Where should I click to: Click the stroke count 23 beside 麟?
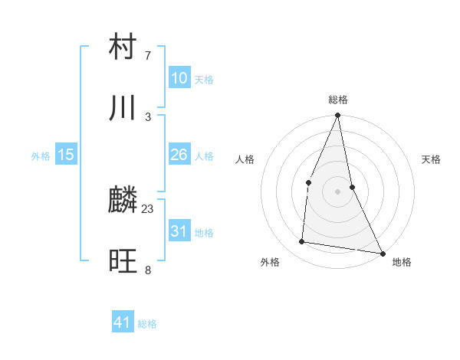tap(148, 208)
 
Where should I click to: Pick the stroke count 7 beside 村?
tap(148, 55)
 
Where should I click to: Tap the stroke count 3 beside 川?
tap(148, 116)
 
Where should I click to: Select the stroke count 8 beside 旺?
tap(148, 270)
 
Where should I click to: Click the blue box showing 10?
tap(179, 78)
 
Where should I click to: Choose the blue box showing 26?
tap(179, 155)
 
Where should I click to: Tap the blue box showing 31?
tap(179, 231)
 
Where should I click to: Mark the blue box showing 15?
tap(66, 155)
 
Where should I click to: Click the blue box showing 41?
tap(123, 322)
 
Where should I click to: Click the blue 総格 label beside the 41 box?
tap(147, 324)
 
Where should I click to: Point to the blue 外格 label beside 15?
tap(41, 156)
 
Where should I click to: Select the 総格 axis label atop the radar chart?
tap(338, 100)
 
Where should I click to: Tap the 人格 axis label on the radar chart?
tap(245, 159)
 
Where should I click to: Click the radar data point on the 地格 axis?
tap(382, 253)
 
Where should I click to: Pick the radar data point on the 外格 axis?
tap(302, 242)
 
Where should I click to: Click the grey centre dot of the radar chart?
tap(337, 191)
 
